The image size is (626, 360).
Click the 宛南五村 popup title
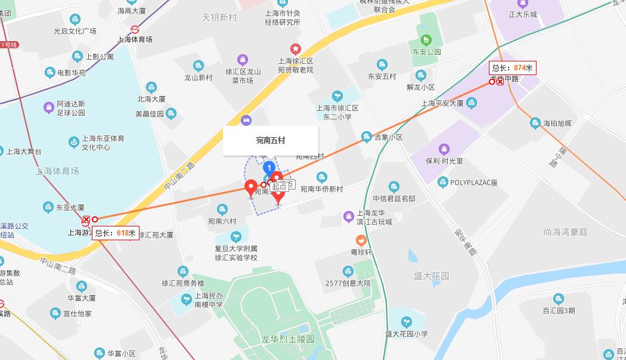coord(271,141)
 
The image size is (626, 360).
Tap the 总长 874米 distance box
coord(512,67)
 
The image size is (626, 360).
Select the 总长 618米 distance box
coord(116,232)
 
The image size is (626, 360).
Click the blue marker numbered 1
coord(269,167)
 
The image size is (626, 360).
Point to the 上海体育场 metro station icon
coord(135,28)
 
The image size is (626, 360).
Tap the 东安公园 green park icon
coord(425,41)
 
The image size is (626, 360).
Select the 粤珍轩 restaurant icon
coord(361,240)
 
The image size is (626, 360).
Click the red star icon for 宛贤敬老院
coord(295,48)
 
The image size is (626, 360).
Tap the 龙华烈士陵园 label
coord(288,339)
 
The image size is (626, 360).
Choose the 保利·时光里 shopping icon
coord(444,149)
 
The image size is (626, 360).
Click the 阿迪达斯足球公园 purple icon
coord(49,107)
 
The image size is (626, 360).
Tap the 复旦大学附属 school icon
coord(236,237)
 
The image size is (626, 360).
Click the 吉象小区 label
coord(388,137)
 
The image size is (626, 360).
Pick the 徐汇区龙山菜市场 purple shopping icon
coord(242,59)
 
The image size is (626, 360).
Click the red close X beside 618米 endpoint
coord(86,219)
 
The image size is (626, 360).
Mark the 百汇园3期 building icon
coord(559,299)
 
